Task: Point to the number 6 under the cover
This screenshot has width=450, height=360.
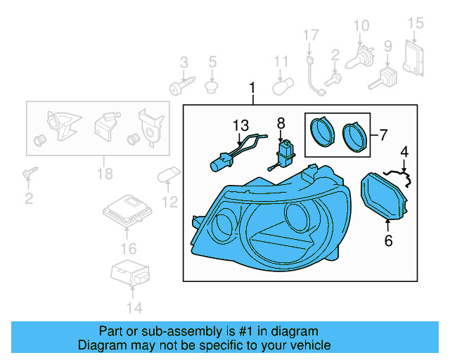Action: click(x=387, y=241)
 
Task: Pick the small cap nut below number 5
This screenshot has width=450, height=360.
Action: click(x=211, y=87)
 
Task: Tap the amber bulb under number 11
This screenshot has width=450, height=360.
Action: click(x=281, y=87)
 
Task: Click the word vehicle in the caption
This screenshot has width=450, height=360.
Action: click(x=308, y=345)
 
